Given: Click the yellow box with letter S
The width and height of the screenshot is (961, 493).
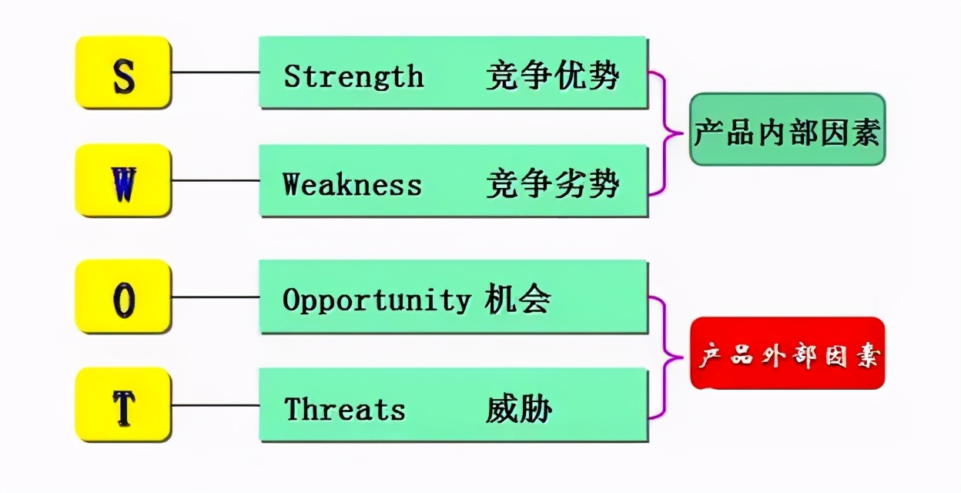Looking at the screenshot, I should tap(123, 72).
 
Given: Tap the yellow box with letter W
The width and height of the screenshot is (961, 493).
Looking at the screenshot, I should tap(123, 180).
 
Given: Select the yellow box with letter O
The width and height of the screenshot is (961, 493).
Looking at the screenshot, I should tap(123, 297).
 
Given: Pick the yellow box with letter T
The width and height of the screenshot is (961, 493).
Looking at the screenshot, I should tap(123, 405).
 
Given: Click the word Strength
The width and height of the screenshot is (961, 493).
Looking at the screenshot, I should tap(353, 76).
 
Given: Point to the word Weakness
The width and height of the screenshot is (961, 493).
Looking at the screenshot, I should tap(352, 185).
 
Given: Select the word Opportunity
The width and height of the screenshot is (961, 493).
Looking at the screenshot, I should tap(376, 300).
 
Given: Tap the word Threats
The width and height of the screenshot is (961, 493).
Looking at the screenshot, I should tap(344, 408).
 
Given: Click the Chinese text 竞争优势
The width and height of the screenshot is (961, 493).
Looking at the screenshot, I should tap(552, 76).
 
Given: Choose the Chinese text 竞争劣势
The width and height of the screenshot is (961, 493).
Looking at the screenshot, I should tap(552, 185).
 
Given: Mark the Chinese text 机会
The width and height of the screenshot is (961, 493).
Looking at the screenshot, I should tap(517, 300).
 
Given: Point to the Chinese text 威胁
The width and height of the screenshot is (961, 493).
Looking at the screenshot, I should tap(518, 409).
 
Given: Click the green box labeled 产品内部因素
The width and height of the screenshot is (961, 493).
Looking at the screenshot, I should tap(787, 130).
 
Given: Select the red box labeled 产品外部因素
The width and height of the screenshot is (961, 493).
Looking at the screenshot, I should tap(787, 354).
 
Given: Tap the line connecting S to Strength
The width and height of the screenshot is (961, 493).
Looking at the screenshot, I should tap(216, 72).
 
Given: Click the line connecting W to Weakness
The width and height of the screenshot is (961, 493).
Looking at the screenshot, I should tap(216, 181).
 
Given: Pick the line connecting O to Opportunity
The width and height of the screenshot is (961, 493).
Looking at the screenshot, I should tap(216, 297).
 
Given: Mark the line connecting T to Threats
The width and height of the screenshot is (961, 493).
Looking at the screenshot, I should tap(216, 405).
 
